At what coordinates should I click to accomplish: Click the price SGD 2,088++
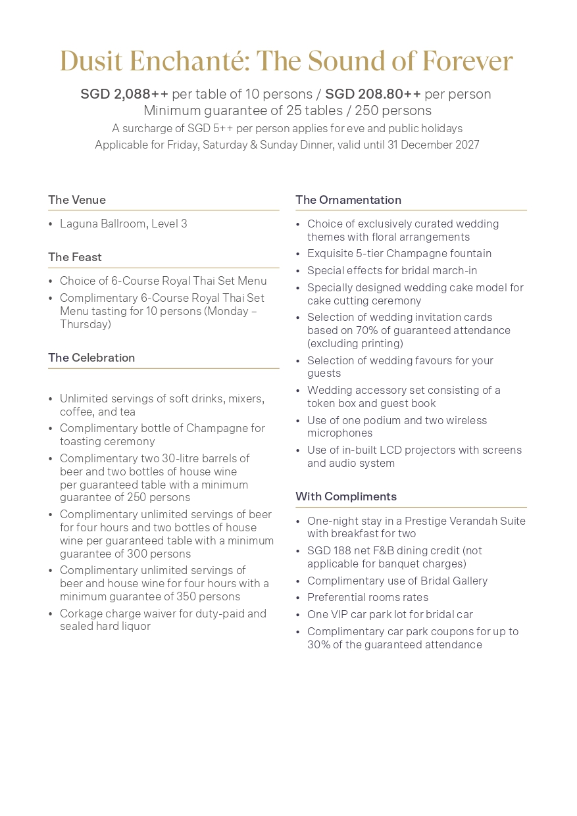click(x=124, y=94)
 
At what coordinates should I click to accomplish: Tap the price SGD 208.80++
click(x=373, y=94)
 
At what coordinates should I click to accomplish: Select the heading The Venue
click(x=77, y=200)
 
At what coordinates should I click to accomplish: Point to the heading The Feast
click(x=75, y=257)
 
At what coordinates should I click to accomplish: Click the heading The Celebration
click(x=91, y=358)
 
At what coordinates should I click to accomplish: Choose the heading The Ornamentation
click(x=348, y=200)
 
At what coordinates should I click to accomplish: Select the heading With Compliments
click(x=346, y=496)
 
